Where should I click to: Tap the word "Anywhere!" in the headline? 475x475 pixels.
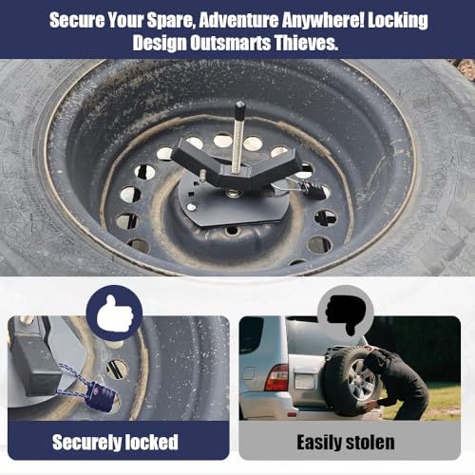click(x=323, y=20)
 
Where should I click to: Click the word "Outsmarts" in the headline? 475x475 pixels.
click(x=230, y=43)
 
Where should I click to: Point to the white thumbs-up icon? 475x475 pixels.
click(x=115, y=313)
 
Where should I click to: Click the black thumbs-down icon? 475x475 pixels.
click(x=346, y=313)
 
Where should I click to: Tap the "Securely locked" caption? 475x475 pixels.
click(x=115, y=442)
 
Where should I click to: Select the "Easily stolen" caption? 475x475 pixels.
click(x=346, y=442)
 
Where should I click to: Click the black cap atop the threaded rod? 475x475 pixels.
click(x=240, y=108)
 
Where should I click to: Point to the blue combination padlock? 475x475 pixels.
click(x=102, y=397)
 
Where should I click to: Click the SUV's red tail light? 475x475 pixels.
click(x=276, y=377)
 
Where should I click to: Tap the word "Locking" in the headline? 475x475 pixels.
click(x=398, y=21)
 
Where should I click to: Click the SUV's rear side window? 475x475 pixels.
click(x=251, y=335)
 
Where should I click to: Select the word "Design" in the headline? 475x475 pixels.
click(x=160, y=43)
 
